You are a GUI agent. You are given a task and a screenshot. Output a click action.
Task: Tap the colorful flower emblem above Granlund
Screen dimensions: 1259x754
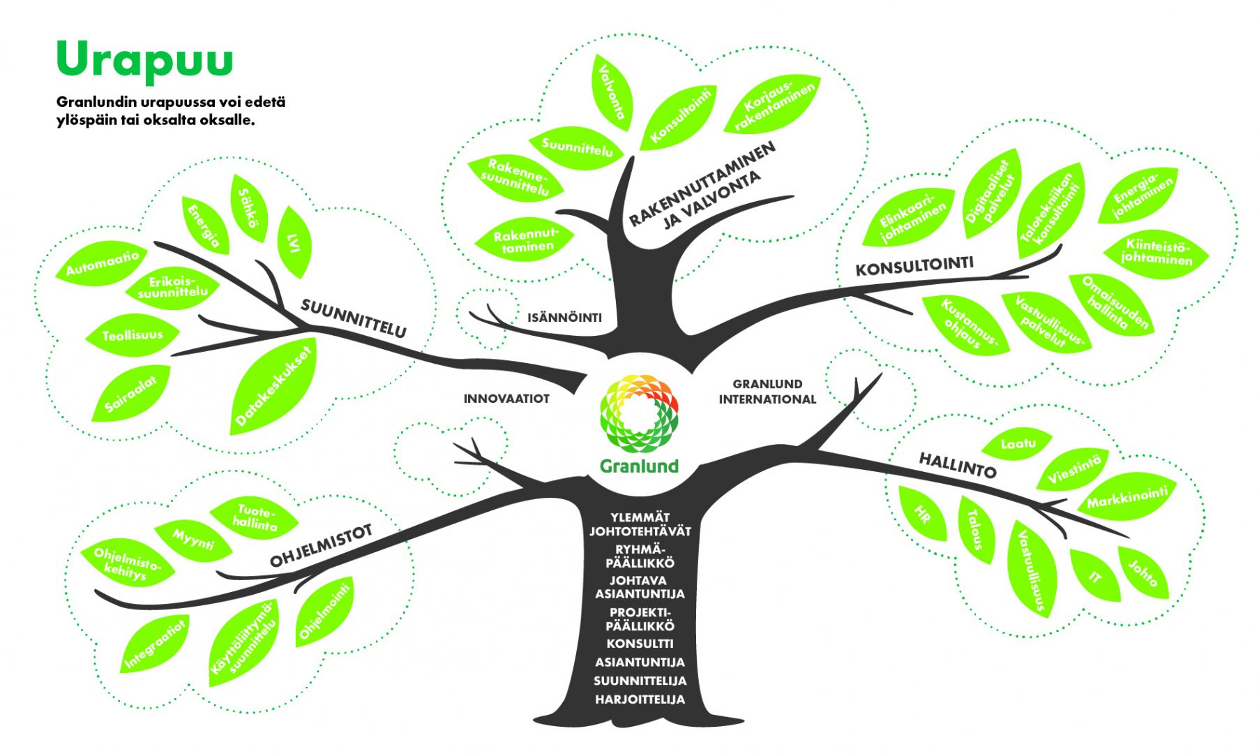click(639, 412)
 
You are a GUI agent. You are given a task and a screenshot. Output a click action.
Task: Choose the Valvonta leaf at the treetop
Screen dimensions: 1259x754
click(614, 92)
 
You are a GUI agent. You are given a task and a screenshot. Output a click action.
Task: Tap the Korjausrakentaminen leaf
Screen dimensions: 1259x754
click(773, 103)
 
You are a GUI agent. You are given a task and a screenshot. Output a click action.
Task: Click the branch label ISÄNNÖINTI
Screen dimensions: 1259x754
click(564, 318)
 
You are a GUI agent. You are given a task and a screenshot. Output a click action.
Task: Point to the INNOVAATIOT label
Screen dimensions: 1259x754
click(506, 399)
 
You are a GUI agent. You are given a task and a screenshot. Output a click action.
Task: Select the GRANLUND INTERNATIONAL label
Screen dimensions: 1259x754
click(767, 392)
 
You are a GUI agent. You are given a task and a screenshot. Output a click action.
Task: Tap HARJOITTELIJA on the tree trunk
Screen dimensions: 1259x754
click(640, 699)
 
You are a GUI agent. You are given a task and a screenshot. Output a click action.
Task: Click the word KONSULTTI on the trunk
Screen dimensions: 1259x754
click(640, 643)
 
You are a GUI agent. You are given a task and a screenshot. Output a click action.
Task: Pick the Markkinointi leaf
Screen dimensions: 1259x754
click(1127, 497)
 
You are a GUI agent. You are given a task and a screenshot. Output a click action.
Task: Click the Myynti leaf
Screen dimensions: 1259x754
click(193, 540)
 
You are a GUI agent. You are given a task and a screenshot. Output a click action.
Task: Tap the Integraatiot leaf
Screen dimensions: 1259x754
click(156, 644)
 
